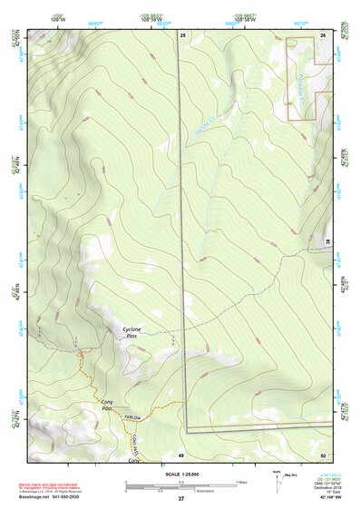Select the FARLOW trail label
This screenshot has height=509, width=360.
coord(134,417)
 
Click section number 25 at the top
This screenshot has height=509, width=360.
coord(181,34)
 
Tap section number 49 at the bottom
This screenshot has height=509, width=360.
coord(181,454)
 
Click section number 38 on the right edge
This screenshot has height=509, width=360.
coord(328,240)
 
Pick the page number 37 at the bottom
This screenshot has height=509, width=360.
coord(180,500)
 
